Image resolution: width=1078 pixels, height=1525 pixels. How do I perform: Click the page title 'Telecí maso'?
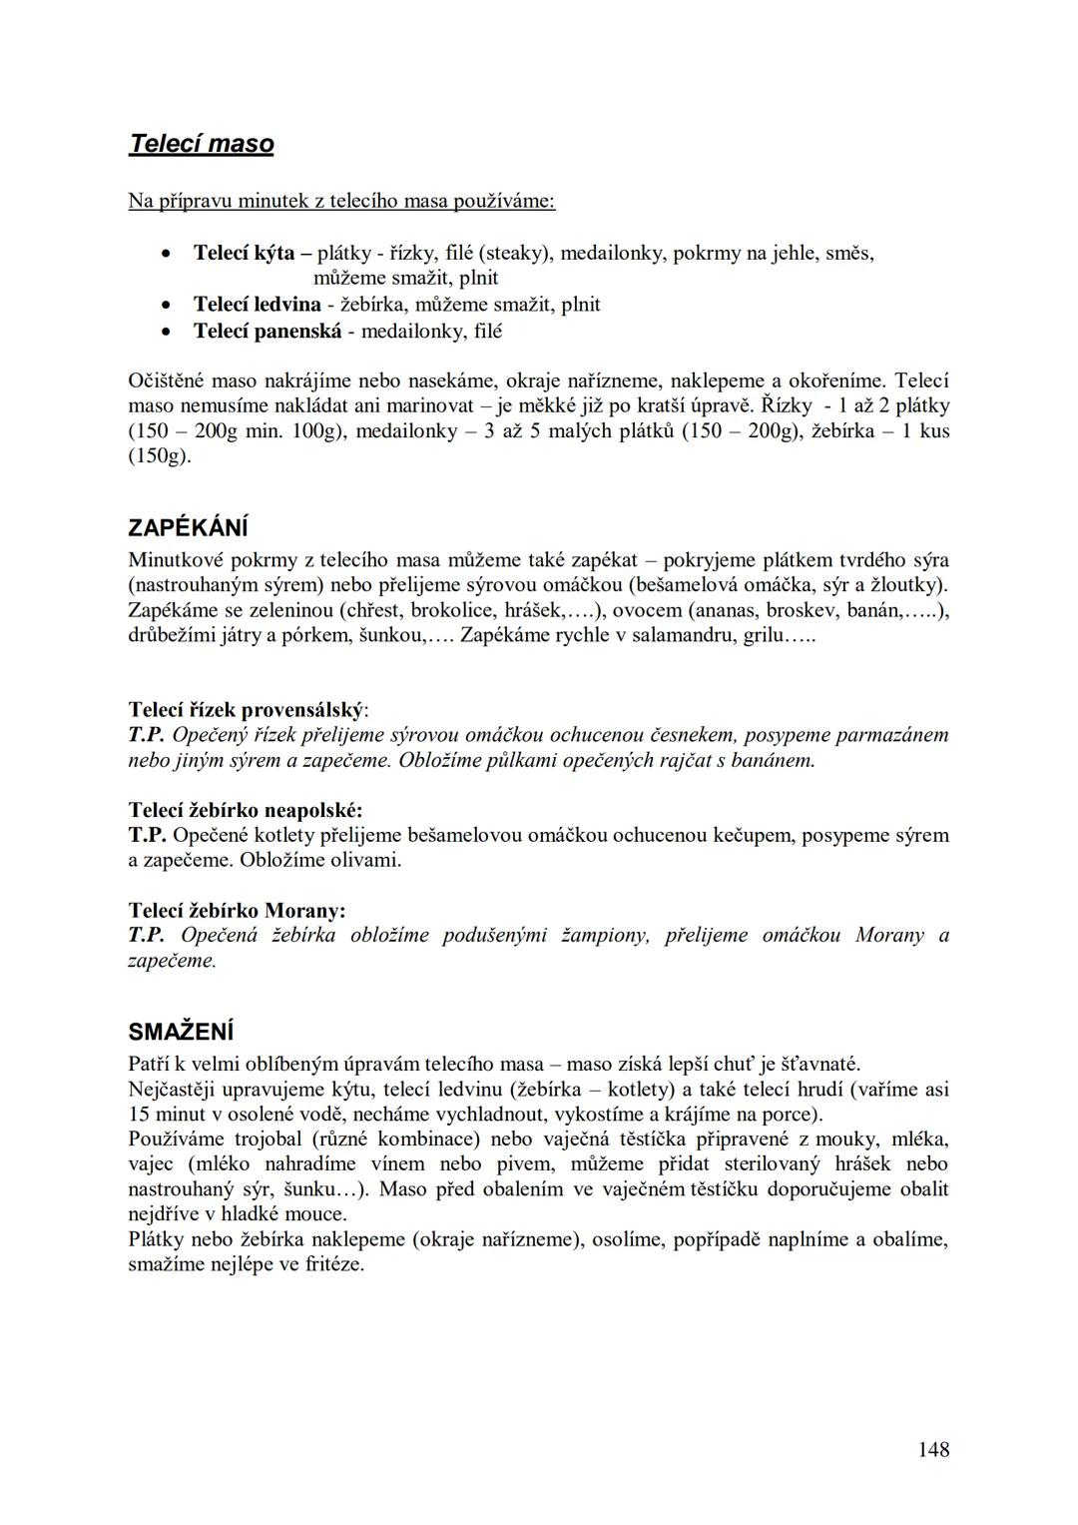click(x=201, y=144)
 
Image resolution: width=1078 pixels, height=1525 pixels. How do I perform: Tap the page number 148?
click(x=933, y=1448)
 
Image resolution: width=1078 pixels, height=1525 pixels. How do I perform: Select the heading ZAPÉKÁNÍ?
click(x=189, y=527)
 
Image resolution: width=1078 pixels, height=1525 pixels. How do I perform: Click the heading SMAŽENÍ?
click(x=181, y=1031)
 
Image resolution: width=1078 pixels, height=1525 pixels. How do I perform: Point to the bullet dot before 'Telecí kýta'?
click(x=171, y=254)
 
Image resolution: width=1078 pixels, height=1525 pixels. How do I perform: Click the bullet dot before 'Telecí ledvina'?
click(x=171, y=305)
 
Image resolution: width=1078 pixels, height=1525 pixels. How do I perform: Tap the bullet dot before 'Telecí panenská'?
click(x=171, y=331)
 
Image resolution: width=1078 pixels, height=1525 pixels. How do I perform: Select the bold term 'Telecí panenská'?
click(x=267, y=331)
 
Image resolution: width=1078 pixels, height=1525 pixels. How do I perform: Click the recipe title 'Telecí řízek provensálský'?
click(x=246, y=710)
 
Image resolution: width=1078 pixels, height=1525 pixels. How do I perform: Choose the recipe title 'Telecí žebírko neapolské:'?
click(x=246, y=810)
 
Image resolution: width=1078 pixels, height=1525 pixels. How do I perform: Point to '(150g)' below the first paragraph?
click(x=160, y=456)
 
